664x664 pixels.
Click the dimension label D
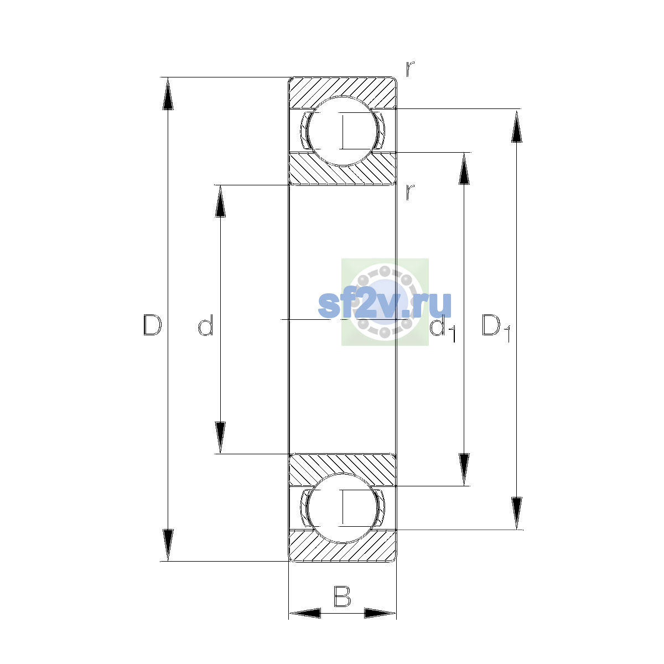point(152,325)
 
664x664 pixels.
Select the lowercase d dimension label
point(206,325)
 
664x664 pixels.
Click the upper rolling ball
point(342,131)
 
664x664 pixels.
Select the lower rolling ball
point(342,508)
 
